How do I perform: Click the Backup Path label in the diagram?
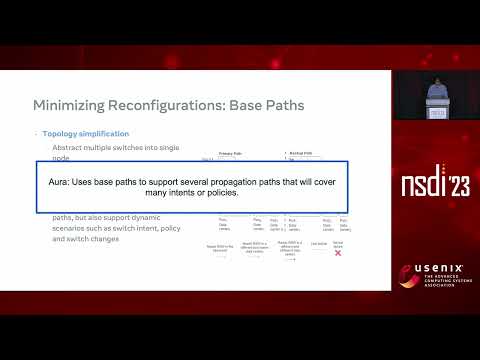click(x=299, y=154)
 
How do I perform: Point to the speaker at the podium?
click(x=435, y=93)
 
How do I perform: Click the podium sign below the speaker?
click(x=436, y=113)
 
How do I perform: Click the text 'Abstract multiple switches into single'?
click(x=109, y=147)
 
